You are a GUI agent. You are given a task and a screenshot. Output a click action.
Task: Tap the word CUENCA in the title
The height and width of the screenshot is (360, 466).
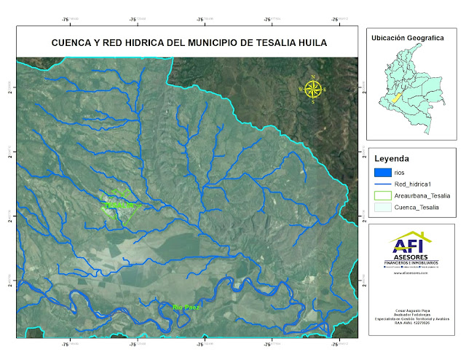(72, 43)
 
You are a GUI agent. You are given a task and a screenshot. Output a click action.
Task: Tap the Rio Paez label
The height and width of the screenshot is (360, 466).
(186, 308)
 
